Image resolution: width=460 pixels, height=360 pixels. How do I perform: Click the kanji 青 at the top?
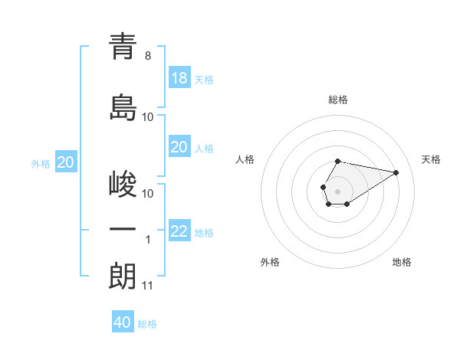123,47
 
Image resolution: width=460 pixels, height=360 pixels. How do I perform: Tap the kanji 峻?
123,185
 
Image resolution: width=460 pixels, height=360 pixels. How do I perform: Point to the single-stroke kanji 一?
123,229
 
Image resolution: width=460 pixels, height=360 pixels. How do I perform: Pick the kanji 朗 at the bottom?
123,276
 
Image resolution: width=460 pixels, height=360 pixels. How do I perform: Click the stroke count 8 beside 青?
148,56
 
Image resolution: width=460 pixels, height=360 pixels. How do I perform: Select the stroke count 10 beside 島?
148,117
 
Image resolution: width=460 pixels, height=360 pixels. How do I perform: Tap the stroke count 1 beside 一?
148,240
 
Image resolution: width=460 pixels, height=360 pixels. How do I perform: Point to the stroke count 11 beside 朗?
148,286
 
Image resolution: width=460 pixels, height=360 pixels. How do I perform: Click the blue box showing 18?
179,78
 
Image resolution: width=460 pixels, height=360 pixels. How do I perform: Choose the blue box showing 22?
179,231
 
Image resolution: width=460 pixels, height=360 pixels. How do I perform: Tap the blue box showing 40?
123,322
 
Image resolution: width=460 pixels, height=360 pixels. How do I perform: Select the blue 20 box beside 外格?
66,162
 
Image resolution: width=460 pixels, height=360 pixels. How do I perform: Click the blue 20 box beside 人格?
179,147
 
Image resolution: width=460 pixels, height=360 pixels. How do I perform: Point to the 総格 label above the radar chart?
337,100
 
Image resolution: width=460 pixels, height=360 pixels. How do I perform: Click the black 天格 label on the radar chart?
432,159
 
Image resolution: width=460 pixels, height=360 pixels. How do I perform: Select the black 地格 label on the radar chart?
402,262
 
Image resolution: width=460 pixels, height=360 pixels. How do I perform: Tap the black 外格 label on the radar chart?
270,262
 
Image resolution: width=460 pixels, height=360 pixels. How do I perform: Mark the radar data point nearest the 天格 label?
396,172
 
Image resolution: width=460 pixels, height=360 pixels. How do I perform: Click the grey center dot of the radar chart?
337,190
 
